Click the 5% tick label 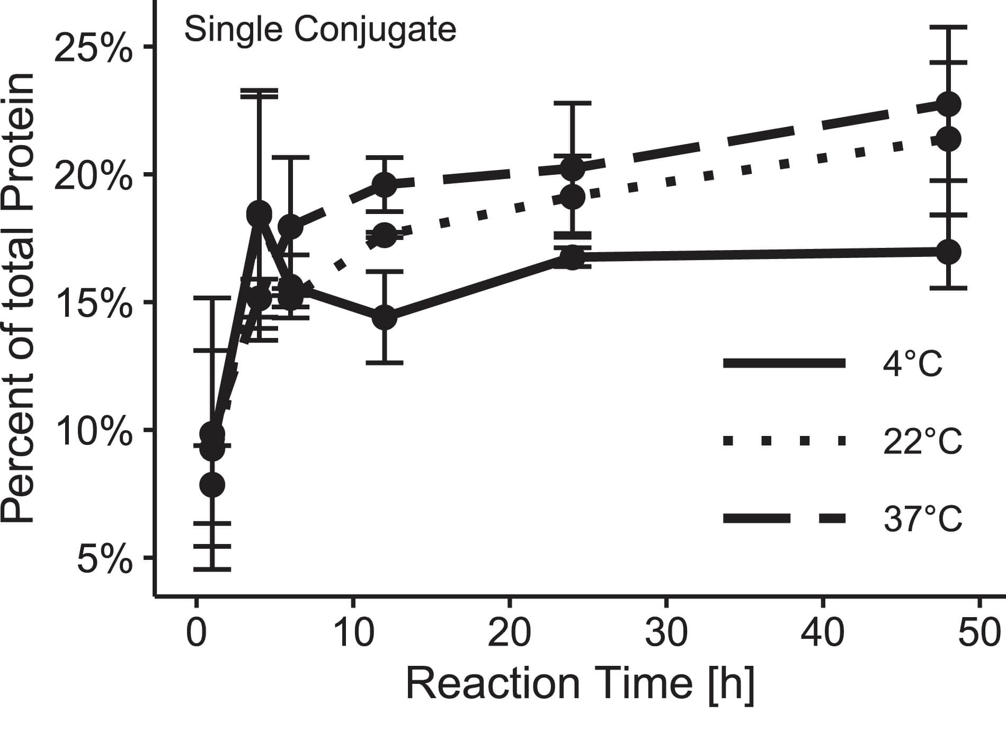click(104, 560)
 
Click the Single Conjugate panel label click(320, 29)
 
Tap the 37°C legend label click(922, 519)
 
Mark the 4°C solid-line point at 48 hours click(948, 252)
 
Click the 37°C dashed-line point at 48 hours click(948, 104)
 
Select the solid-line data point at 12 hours click(384, 317)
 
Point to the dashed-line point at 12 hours click(384, 184)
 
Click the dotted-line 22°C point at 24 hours click(572, 197)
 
